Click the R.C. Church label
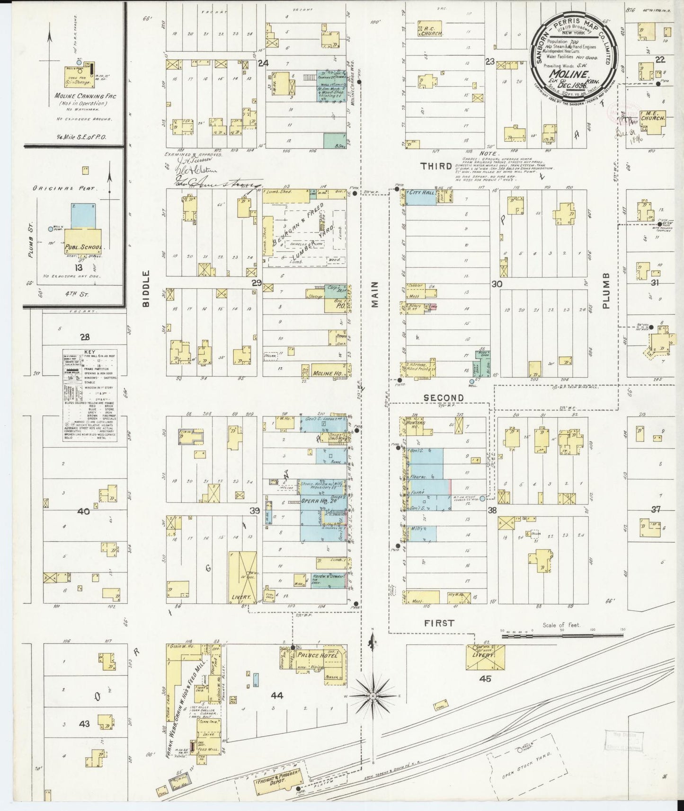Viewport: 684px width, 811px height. click(x=432, y=28)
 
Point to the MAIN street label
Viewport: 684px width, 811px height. click(x=375, y=295)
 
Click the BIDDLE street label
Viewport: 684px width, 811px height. click(x=146, y=289)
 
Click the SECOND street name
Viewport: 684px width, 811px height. click(x=443, y=398)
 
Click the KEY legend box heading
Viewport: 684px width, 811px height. click(x=89, y=353)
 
